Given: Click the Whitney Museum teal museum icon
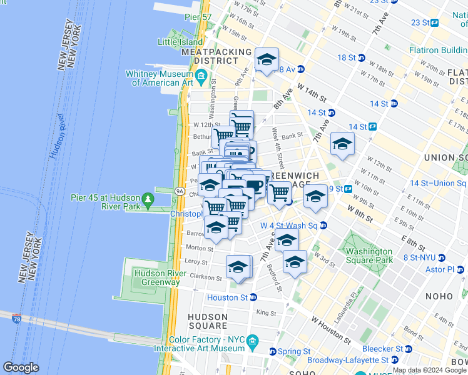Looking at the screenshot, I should pyautogui.click(x=201, y=76).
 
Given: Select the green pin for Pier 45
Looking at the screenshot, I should pyautogui.click(x=148, y=201).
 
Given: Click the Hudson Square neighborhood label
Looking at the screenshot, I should pyautogui.click(x=208, y=321).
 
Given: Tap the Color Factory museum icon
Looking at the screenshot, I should pyautogui.click(x=252, y=341).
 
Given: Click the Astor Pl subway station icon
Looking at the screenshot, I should pyautogui.click(x=460, y=269).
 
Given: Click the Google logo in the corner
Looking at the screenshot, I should pyautogui.click(x=21, y=367).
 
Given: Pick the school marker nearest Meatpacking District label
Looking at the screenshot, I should pyautogui.click(x=267, y=60).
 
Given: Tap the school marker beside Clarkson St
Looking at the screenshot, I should pyautogui.click(x=238, y=267).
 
